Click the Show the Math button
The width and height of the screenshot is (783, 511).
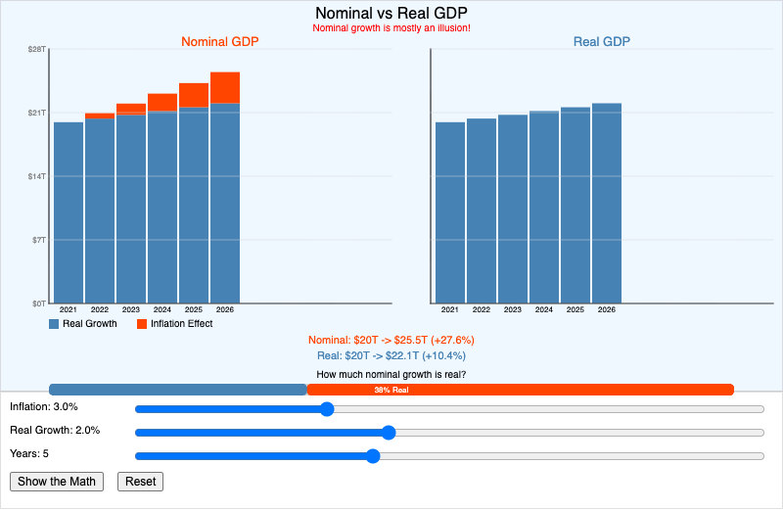pyautogui.click(x=57, y=481)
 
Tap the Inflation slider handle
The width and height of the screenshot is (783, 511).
pyautogui.click(x=327, y=408)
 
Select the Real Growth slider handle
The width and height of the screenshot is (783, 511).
pyautogui.click(x=388, y=432)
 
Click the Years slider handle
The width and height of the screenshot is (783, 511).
pyautogui.click(x=372, y=455)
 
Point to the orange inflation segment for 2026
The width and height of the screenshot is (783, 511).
pyautogui.click(x=225, y=87)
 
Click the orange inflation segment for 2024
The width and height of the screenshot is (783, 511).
pyautogui.click(x=162, y=102)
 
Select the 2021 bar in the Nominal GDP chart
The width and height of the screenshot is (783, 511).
pyautogui.click(x=69, y=212)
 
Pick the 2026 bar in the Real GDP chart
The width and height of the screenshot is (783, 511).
pyautogui.click(x=607, y=203)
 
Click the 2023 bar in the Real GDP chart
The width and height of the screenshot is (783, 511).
pyautogui.click(x=513, y=209)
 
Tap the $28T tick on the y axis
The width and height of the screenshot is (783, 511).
pyautogui.click(x=37, y=49)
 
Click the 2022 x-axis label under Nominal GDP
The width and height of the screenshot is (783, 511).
pyautogui.click(x=100, y=309)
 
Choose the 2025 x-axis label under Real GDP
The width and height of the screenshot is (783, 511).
pyautogui.click(x=576, y=309)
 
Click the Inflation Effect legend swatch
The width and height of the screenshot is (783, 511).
pyautogui.click(x=142, y=324)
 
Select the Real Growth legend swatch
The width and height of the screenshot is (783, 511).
pyautogui.click(x=54, y=324)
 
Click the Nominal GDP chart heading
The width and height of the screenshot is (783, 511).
pyautogui.click(x=220, y=42)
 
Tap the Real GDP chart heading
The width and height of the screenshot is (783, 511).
pyautogui.click(x=601, y=42)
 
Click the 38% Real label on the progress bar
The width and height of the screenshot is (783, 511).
pyautogui.click(x=391, y=390)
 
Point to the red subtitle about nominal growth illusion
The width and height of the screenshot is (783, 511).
pyautogui.click(x=391, y=27)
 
